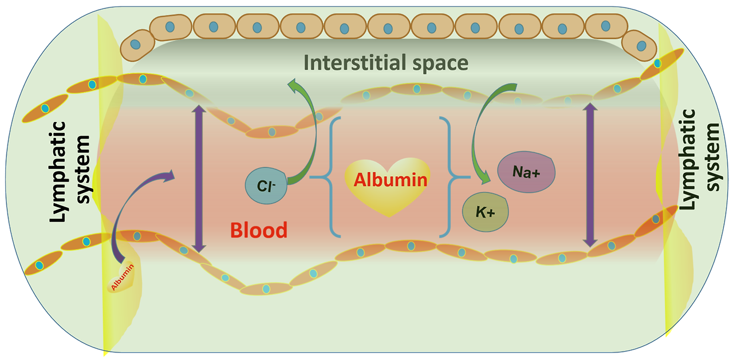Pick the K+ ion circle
(x=486, y=212)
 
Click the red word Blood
(x=259, y=230)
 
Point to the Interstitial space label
(x=386, y=62)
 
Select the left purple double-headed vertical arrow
(x=199, y=177)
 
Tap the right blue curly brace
(x=449, y=176)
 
